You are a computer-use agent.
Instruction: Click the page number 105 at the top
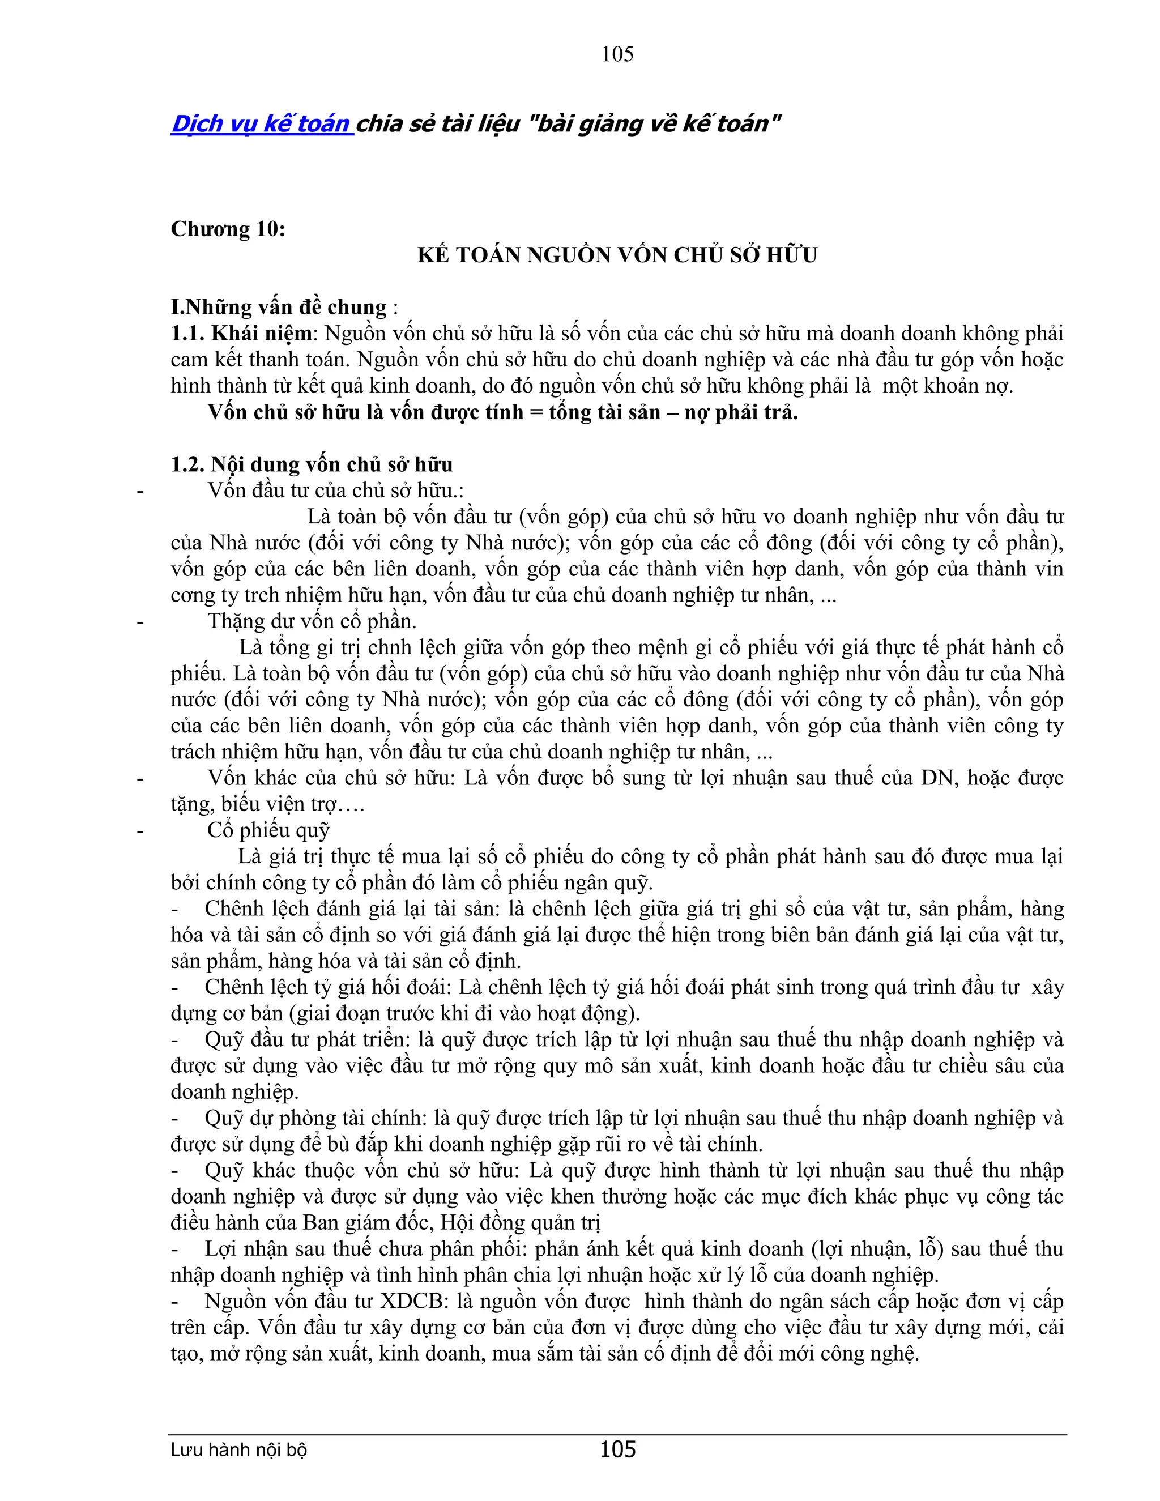coord(617,54)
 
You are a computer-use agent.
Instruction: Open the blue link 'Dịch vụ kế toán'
coord(262,123)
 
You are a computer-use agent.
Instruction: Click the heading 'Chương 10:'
coord(228,229)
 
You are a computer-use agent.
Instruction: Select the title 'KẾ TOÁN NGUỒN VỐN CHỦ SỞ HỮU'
coord(617,255)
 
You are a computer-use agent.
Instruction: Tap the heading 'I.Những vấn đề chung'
coord(279,307)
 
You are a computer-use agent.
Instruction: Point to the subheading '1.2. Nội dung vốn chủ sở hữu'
coord(312,464)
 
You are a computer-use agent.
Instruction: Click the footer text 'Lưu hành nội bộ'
coord(238,1450)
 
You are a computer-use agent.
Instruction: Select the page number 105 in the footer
coord(617,1449)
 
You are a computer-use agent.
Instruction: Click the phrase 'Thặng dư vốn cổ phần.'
coord(312,621)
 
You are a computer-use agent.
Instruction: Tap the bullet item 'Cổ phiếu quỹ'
coord(268,830)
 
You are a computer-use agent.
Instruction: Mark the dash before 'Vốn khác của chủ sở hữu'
coord(140,779)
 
